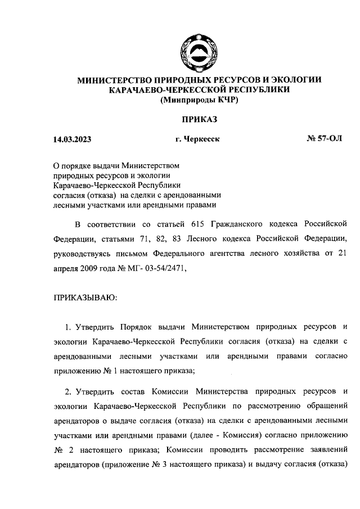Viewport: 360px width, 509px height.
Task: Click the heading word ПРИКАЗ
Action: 199,119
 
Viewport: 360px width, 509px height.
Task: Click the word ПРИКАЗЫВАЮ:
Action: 85,297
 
